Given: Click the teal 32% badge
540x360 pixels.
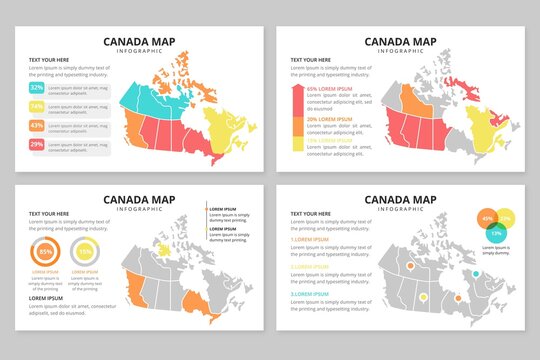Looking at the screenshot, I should pyautogui.click(x=36, y=88).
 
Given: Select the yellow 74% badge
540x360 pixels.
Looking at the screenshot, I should pyautogui.click(x=36, y=107).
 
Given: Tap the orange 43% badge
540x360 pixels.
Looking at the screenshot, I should pyautogui.click(x=36, y=126).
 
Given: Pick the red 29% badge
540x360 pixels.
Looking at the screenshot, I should pyautogui.click(x=36, y=145).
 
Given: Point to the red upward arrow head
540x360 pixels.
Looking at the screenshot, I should pyautogui.click(x=297, y=89).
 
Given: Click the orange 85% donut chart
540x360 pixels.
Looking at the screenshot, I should pyautogui.click(x=46, y=251).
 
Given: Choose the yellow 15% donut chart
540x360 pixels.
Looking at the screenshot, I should pyautogui.click(x=85, y=251).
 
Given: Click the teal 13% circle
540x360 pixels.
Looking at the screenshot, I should pyautogui.click(x=496, y=233).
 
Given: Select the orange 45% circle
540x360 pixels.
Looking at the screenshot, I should pyautogui.click(x=487, y=218).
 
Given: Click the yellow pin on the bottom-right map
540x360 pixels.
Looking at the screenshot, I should pyautogui.click(x=425, y=297).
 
